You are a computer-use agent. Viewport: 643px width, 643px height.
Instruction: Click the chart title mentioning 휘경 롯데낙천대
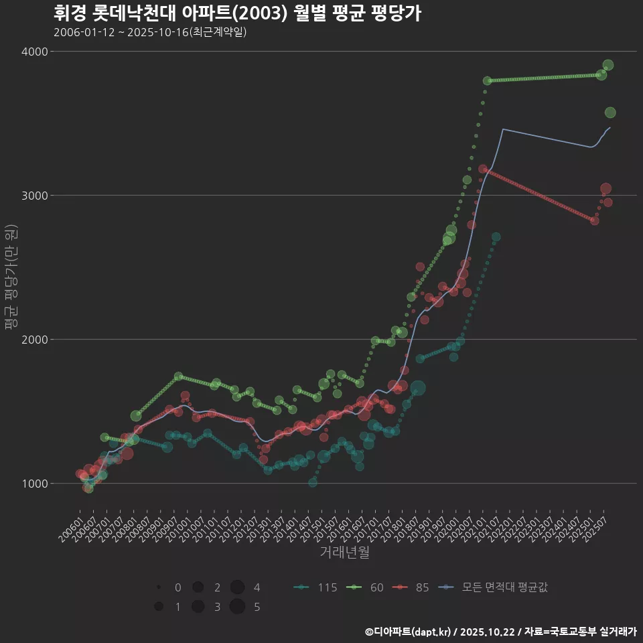pyautogui.click(x=237, y=13)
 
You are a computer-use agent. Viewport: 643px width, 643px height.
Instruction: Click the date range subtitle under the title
pyautogui.click(x=150, y=32)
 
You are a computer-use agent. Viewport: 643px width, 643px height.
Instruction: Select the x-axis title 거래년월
pyautogui.click(x=344, y=552)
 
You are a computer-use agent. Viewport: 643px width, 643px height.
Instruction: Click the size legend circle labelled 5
pyautogui.click(x=237, y=607)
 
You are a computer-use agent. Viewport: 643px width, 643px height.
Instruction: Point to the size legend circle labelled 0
pyautogui.click(x=159, y=587)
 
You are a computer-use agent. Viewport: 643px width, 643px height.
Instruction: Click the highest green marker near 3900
pyautogui.click(x=608, y=65)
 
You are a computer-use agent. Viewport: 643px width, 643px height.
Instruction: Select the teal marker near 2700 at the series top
pyautogui.click(x=496, y=237)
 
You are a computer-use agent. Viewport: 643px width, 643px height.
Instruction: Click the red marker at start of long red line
pyautogui.click(x=483, y=169)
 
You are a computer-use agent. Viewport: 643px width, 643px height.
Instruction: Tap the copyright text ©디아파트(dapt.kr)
pyautogui.click(x=409, y=632)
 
